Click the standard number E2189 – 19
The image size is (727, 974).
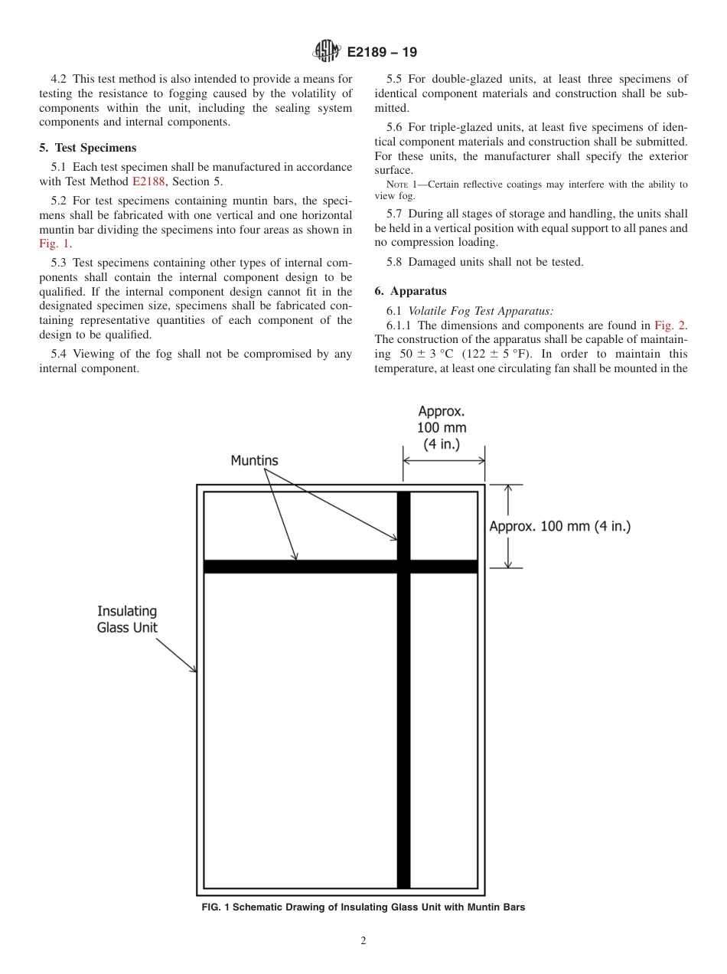[382, 53]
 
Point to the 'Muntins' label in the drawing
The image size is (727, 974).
[254, 460]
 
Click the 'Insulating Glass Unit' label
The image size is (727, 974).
[127, 619]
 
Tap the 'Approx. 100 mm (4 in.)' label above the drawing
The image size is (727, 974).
[442, 428]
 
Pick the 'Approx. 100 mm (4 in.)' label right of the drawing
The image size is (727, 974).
[559, 526]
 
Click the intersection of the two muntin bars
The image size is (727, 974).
[403, 567]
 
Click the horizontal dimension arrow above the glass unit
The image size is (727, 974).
[444, 460]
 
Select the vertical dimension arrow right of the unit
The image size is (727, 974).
[507, 526]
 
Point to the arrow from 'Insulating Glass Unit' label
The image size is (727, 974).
[177, 655]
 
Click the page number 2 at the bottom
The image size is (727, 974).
[363, 941]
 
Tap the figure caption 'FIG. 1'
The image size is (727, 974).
[363, 907]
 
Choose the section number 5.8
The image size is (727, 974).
[396, 262]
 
